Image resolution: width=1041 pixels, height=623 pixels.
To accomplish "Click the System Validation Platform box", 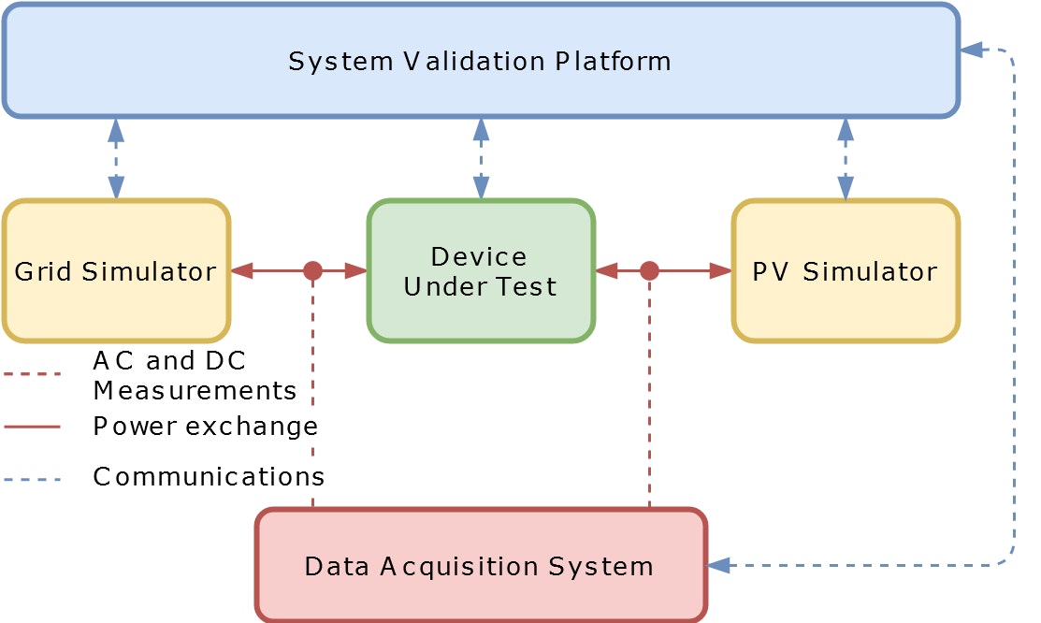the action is point(481,61).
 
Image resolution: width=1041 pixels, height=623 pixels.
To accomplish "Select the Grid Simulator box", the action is point(116,271).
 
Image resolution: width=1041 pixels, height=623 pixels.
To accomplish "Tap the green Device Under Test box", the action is point(481,271).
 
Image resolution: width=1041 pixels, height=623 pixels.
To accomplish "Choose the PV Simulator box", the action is point(846,271).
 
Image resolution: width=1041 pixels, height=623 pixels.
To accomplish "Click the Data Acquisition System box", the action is point(481,566).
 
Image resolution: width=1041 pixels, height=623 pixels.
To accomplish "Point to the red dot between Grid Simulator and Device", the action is point(312,271).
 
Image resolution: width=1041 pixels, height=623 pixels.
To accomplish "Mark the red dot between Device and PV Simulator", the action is point(649,271).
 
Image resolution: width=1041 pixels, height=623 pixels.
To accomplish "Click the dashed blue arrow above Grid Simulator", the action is point(116,159).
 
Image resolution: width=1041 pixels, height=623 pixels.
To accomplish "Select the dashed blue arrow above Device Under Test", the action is point(482,159).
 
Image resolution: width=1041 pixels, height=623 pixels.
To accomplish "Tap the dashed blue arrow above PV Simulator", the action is point(846,159).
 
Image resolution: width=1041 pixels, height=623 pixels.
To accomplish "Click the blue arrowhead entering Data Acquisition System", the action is point(719,566).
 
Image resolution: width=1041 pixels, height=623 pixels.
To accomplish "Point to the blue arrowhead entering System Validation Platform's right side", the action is point(972,50).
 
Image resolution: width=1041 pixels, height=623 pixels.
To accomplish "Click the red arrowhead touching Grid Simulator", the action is point(242,271).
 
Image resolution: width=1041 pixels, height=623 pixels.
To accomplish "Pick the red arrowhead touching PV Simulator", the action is point(720,271).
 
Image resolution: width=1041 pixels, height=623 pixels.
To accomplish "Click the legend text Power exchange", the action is point(206,427).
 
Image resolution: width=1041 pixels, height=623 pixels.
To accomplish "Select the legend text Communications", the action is point(209,476).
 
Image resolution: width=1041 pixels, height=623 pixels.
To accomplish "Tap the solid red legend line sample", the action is point(32,427).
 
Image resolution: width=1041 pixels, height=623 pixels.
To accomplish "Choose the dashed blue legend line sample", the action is point(32,479).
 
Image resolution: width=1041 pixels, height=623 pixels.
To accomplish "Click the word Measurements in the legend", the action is point(195,390).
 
